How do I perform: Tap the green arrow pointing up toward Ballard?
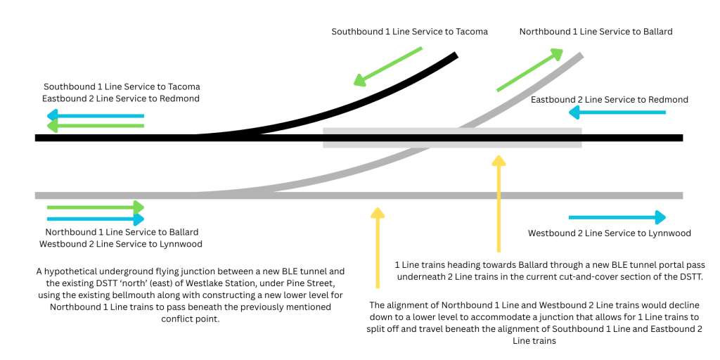(530, 70)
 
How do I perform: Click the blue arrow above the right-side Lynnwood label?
(617, 218)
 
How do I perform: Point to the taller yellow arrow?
(499, 204)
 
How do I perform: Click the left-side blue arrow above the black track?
(96, 116)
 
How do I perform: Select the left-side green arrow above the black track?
(96, 126)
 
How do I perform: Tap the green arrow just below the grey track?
(96, 207)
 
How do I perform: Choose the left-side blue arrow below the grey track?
(96, 219)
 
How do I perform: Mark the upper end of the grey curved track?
(581, 55)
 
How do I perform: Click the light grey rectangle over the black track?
(451, 138)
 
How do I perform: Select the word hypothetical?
(82, 270)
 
